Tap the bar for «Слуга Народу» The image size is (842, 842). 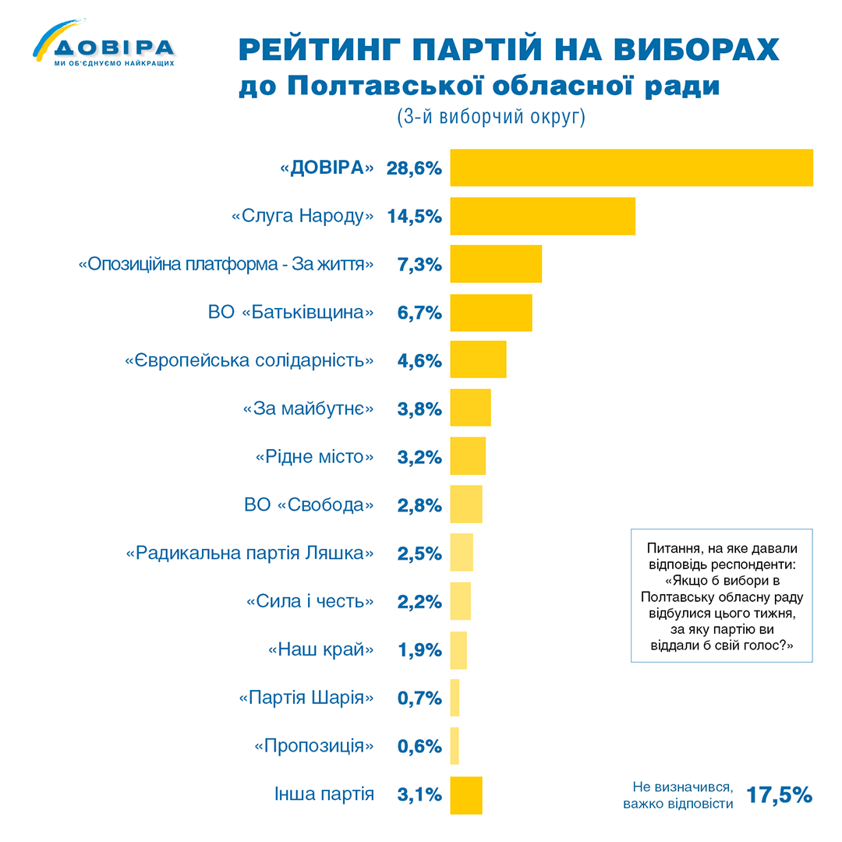543,216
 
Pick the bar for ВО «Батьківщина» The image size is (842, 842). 491,313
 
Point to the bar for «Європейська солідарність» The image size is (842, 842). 478,361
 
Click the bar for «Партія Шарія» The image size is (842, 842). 455,698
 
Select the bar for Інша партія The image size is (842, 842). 466,795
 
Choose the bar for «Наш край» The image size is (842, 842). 458,650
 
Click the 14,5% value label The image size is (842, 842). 415,217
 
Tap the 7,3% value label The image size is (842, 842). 419,265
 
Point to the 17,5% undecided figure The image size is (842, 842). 779,794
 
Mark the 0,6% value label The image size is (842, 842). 419,746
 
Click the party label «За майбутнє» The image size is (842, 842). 309,409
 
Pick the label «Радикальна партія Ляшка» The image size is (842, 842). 249,554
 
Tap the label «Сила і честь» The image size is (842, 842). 310,602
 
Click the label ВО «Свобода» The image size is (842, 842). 310,505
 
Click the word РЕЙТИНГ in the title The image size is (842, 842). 320,51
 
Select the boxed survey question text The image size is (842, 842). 721,596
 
